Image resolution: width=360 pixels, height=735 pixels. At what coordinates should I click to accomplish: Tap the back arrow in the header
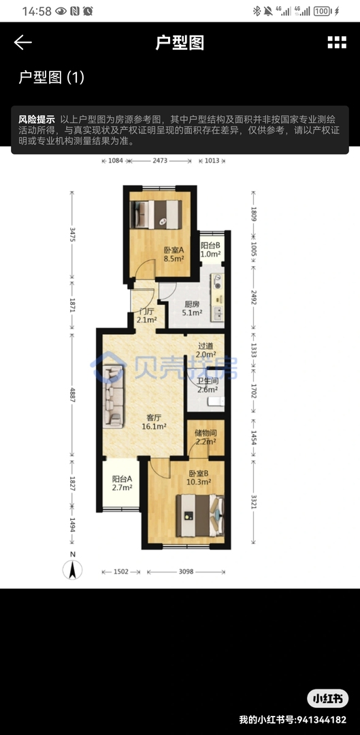[x=22, y=42]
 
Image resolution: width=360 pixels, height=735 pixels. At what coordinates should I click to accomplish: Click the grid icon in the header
[x=337, y=42]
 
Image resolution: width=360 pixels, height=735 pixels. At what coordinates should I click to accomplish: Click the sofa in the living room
[x=114, y=397]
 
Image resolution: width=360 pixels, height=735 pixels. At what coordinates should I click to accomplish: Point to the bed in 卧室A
[x=156, y=214]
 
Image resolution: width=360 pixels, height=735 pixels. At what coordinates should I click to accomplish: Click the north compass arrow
[x=73, y=570]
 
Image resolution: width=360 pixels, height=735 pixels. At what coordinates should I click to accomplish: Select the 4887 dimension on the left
[x=72, y=395]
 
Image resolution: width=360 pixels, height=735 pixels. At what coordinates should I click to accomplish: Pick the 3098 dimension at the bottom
[x=186, y=572]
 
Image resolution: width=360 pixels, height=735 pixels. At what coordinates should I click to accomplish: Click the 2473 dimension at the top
[x=160, y=161]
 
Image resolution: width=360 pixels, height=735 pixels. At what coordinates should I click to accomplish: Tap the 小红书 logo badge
[x=328, y=699]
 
